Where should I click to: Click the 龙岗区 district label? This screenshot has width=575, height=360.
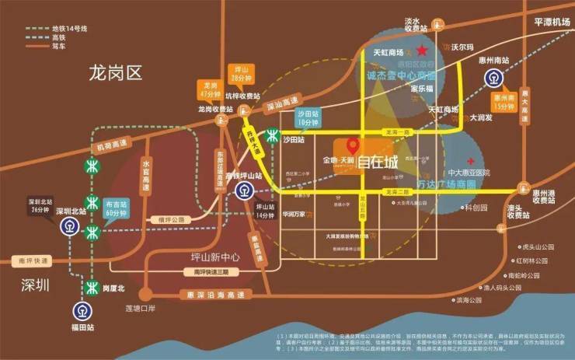click(117, 75)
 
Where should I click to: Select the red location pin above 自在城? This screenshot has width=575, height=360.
click(352, 145)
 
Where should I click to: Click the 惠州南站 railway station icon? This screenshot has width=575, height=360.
click(493, 79)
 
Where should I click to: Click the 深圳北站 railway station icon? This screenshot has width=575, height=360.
click(67, 225)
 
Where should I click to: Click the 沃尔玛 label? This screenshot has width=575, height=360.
click(463, 47)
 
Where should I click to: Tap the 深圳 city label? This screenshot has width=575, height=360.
click(36, 285)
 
